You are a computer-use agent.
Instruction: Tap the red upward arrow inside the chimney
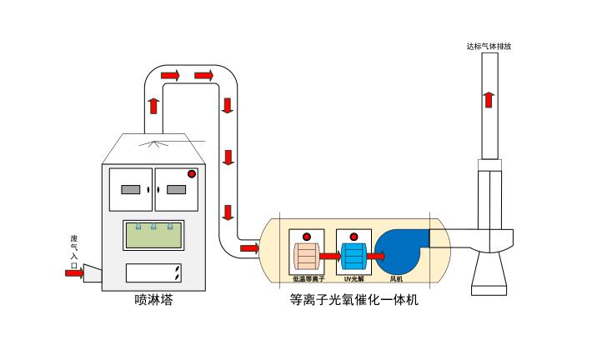[489, 99]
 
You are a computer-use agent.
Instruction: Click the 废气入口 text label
[73, 250]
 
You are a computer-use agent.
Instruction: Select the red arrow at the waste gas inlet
[74, 272]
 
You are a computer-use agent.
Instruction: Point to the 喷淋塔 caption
[153, 299]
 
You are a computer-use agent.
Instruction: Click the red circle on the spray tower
[192, 174]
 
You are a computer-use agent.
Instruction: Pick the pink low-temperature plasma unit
[306, 255]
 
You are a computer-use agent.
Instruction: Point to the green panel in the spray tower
[153, 234]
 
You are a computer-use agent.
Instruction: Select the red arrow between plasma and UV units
[329, 255]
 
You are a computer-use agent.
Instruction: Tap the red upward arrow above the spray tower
[153, 106]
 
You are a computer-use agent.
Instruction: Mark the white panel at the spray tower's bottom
[153, 272]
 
